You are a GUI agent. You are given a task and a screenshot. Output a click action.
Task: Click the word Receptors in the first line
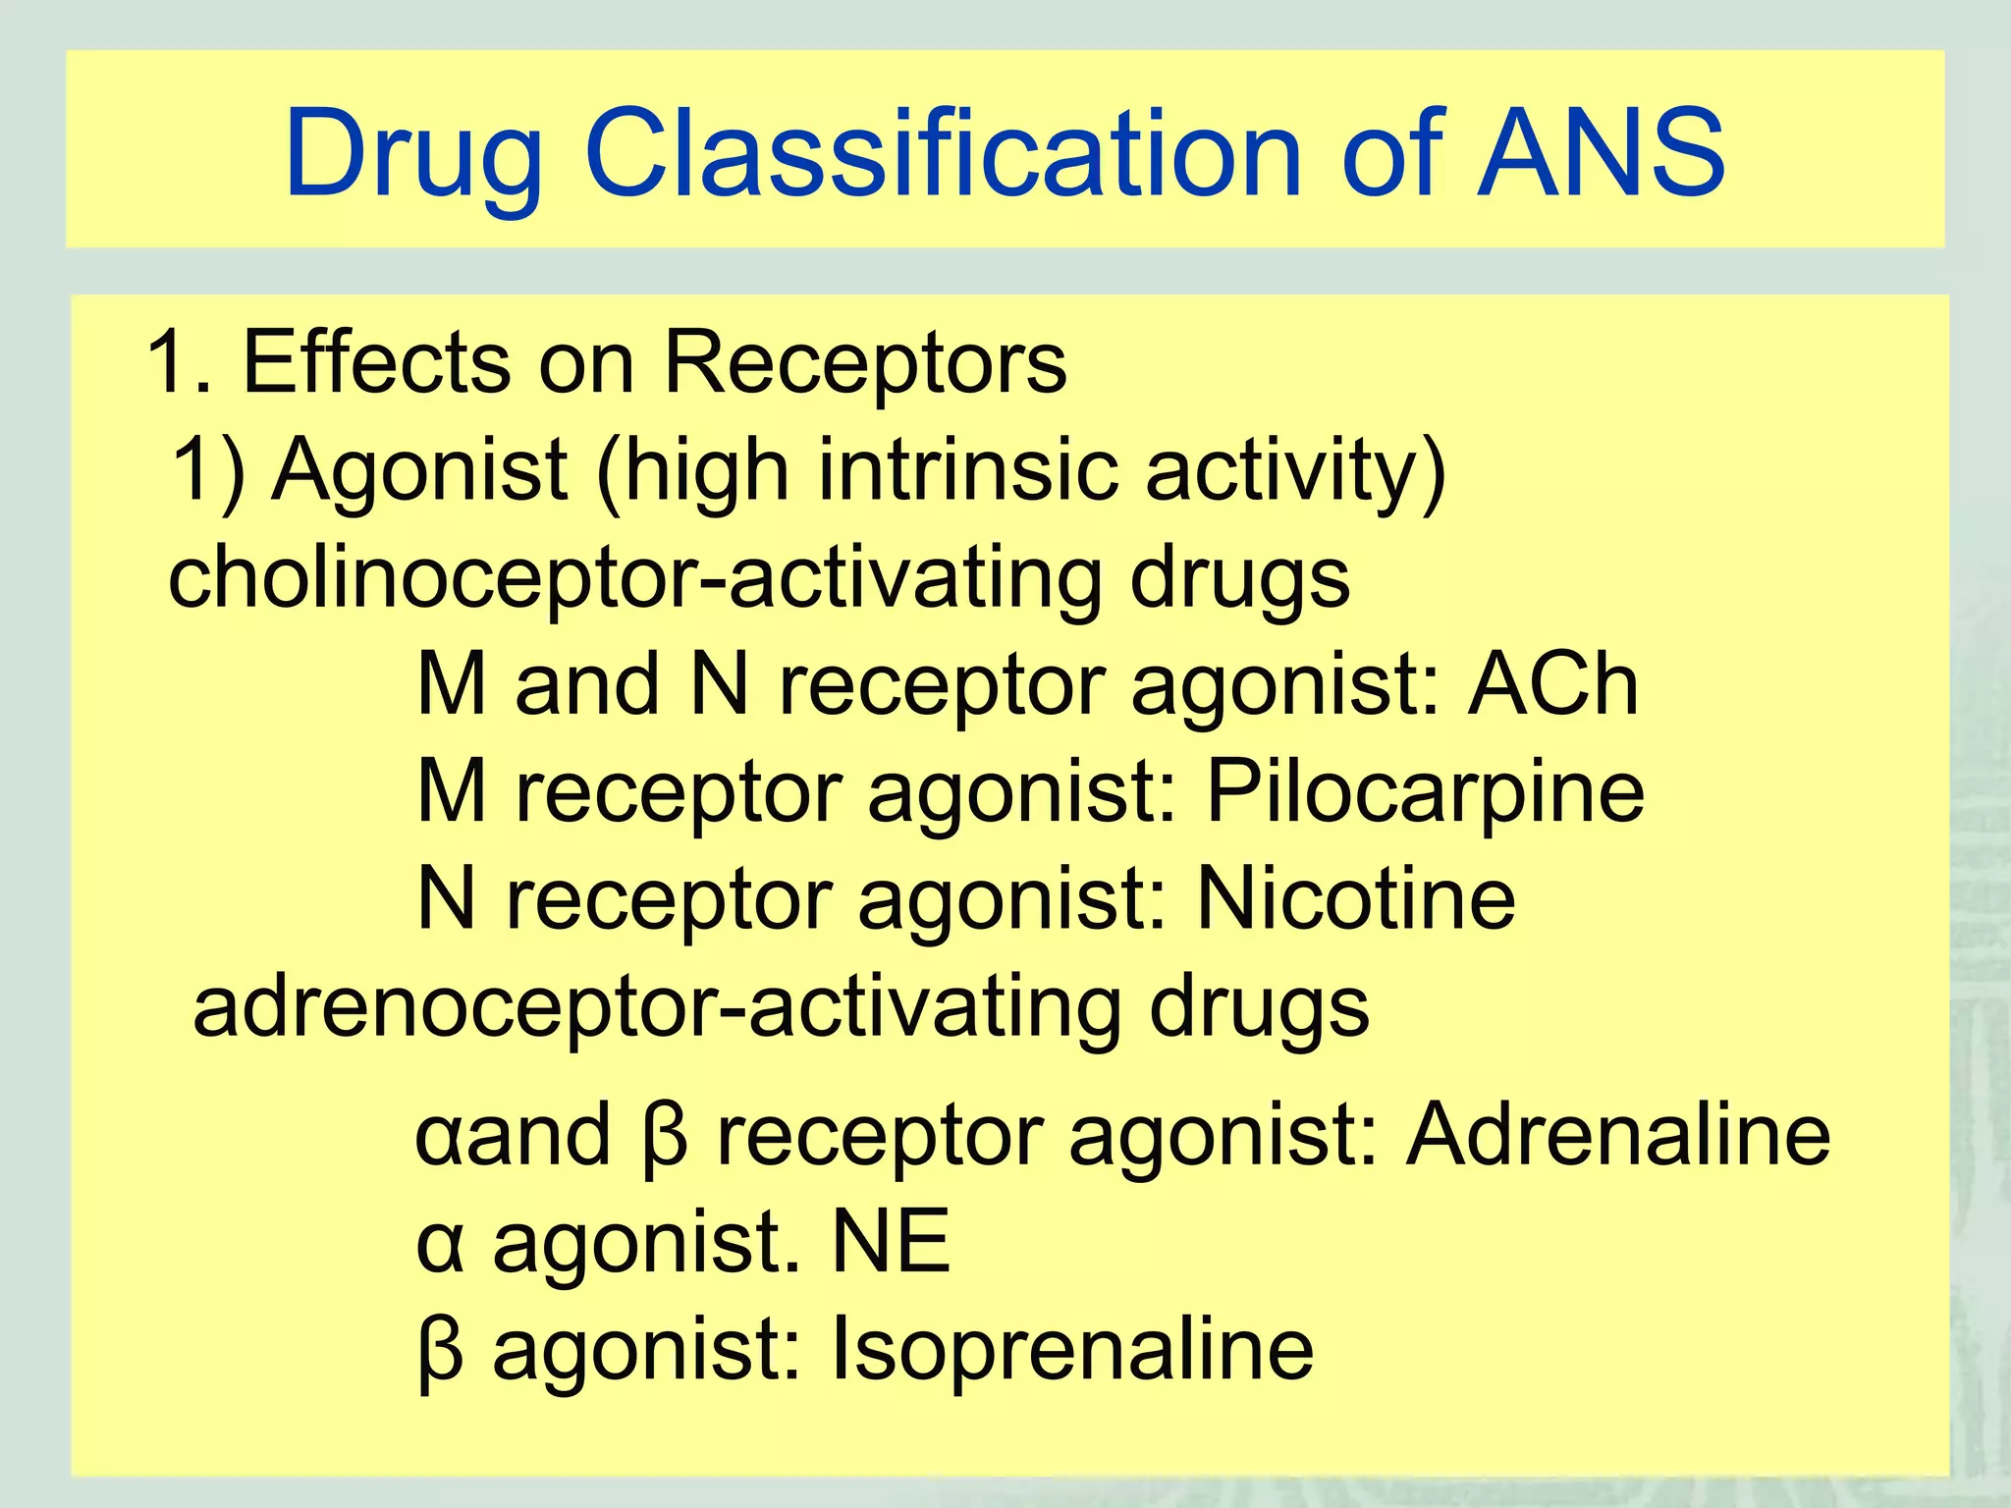(865, 363)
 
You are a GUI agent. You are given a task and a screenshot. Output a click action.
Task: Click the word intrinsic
(967, 469)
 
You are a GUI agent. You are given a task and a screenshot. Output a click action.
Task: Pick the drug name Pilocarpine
(1425, 793)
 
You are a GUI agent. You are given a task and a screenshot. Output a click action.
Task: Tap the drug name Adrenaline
(1618, 1135)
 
